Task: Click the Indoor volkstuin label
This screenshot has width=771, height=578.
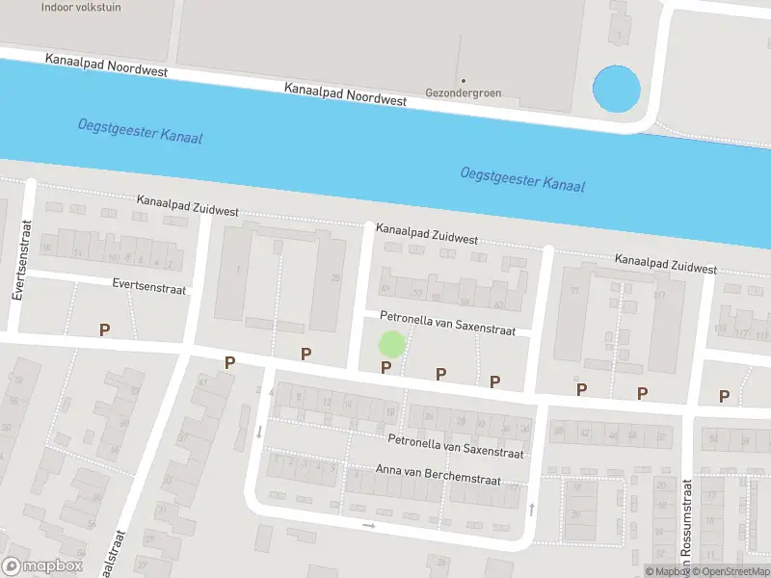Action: (81, 7)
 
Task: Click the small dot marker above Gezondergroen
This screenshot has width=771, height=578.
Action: (463, 80)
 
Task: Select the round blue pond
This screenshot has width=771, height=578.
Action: (615, 89)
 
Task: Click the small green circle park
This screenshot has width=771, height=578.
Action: (390, 343)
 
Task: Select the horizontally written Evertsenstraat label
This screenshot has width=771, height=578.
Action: (147, 284)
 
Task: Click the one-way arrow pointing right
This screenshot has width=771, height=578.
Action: (368, 525)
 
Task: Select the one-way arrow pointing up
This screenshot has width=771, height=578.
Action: (531, 508)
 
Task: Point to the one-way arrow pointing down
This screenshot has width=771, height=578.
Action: (258, 431)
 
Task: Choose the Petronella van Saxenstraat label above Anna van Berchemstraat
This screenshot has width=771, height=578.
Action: (455, 445)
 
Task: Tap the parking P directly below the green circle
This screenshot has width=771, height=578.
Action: (385, 367)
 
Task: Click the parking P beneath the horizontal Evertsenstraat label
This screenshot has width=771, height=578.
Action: (104, 329)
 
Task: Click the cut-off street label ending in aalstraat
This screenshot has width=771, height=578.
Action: (120, 554)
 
